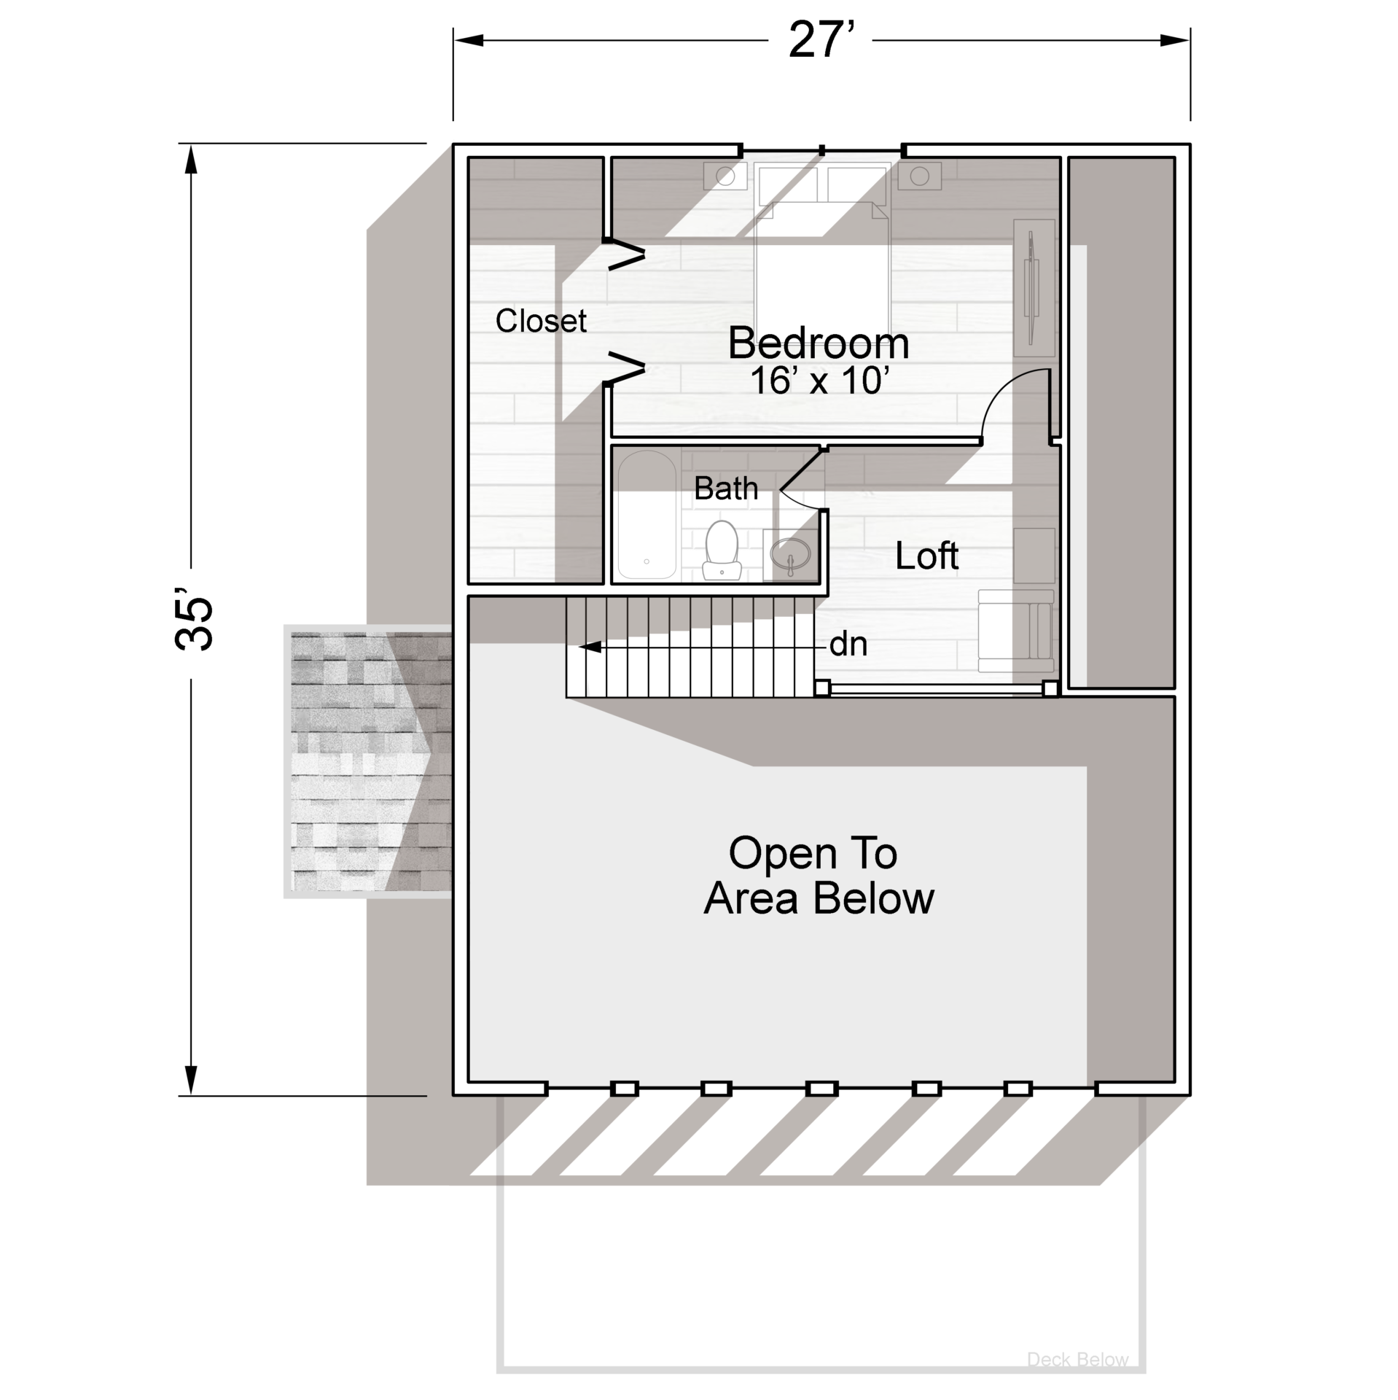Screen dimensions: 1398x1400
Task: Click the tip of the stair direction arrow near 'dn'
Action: [x=579, y=647]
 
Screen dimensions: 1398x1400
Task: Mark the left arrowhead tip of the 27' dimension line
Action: [x=454, y=40]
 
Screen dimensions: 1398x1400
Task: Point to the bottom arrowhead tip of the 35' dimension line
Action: [x=191, y=1094]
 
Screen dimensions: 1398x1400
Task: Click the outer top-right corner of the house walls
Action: [x=1190, y=144]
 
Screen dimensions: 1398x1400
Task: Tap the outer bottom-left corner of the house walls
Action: [x=453, y=1095]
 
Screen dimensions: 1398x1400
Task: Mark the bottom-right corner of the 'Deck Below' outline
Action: [x=1144, y=1372]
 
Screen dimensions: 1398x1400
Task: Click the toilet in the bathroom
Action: [x=722, y=551]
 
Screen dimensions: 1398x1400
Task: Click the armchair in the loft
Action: [x=1015, y=631]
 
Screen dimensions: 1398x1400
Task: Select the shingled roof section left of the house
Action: [x=368, y=761]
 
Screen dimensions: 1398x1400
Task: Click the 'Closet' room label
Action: [x=541, y=321]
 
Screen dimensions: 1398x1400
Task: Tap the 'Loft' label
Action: [x=926, y=556]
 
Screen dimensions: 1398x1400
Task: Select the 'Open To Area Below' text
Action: [x=819, y=875]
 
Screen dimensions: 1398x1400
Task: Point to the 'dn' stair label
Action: [x=848, y=645]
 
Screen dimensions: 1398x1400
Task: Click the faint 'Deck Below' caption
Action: [x=1077, y=1359]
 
